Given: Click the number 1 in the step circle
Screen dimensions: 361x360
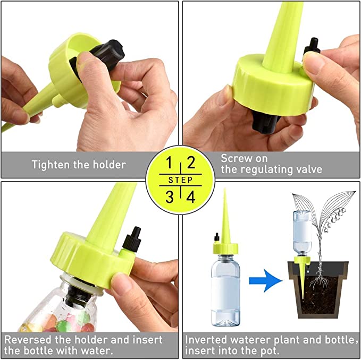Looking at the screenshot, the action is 169,162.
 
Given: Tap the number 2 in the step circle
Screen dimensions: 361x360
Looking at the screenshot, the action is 191,162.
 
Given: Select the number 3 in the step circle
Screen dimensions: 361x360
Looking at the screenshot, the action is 170,197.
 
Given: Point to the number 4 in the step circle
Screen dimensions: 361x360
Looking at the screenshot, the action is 191,197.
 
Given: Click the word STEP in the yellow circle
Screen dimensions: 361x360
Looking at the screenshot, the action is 181,180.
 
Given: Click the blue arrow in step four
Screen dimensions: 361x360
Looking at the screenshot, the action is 266,280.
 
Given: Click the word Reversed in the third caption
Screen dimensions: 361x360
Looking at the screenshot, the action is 28,339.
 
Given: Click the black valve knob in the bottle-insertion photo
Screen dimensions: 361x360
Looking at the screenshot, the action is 132,238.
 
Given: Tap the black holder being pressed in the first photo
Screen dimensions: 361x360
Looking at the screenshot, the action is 102,57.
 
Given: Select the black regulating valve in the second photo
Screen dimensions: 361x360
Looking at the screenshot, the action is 312,46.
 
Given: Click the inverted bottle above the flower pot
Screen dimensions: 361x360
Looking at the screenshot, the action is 302,233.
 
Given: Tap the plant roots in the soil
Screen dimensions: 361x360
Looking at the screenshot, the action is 319,279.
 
